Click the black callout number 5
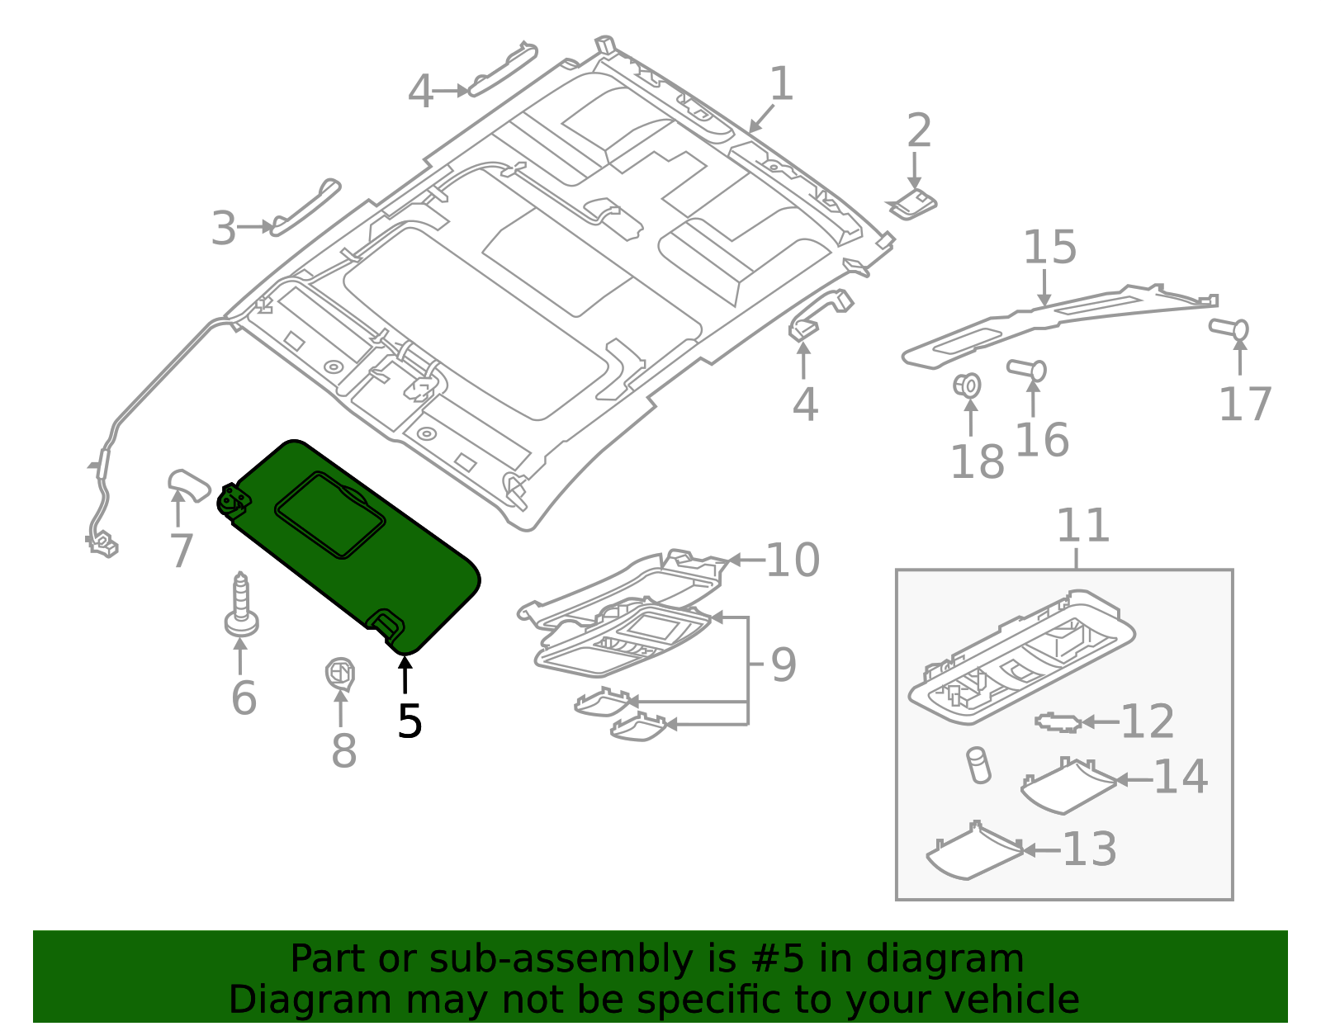tap(410, 721)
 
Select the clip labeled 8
tap(339, 674)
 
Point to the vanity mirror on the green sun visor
tap(330, 515)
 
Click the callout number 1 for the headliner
tap(781, 85)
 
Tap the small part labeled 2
tap(912, 203)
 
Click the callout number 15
tap(1049, 248)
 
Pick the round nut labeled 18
tap(968, 385)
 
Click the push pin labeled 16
tap(1027, 369)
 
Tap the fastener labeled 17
tap(1230, 329)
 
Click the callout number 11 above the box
tap(1082, 526)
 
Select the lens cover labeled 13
tap(974, 854)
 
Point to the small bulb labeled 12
tap(1058, 722)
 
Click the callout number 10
tap(792, 560)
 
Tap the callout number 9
tap(783, 664)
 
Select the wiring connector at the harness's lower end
tap(102, 544)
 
